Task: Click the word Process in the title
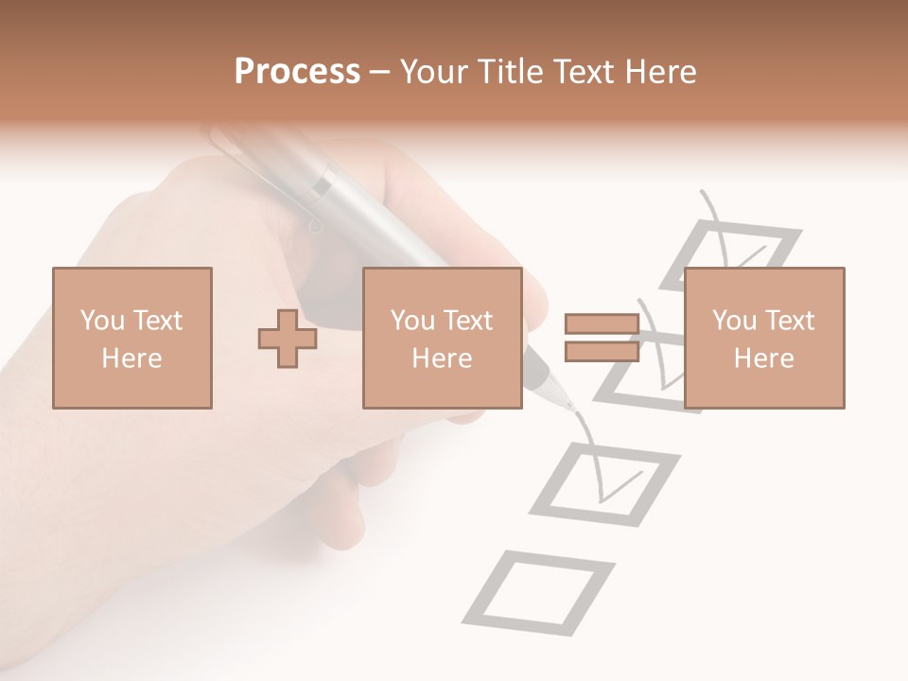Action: pyautogui.click(x=297, y=72)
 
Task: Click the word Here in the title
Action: pyautogui.click(x=659, y=72)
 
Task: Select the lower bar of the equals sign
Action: pyautogui.click(x=602, y=351)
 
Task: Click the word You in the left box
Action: pyautogui.click(x=102, y=321)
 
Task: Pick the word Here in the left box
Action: pyautogui.click(x=131, y=358)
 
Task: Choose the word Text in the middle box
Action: pyautogui.click(x=468, y=321)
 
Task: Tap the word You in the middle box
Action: pyautogui.click(x=412, y=321)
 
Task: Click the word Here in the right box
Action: pyautogui.click(x=763, y=358)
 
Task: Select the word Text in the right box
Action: pyautogui.click(x=790, y=321)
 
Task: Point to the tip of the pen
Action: pyautogui.click(x=569, y=408)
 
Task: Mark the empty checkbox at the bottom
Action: pyautogui.click(x=538, y=592)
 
